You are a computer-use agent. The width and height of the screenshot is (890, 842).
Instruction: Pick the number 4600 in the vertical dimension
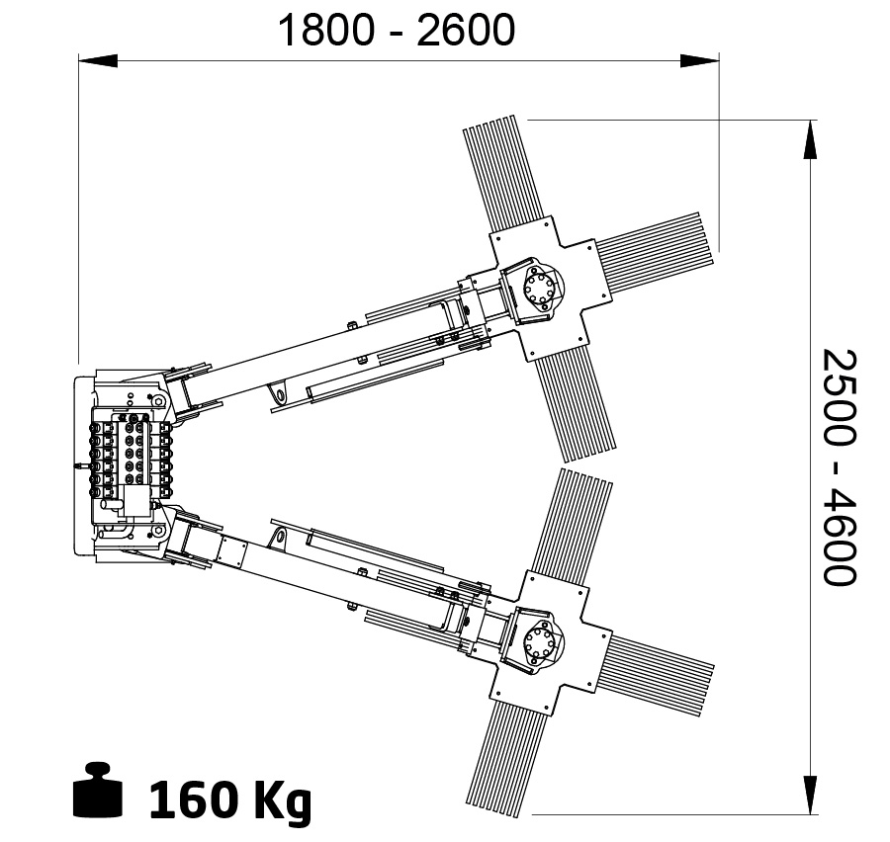pos(840,535)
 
